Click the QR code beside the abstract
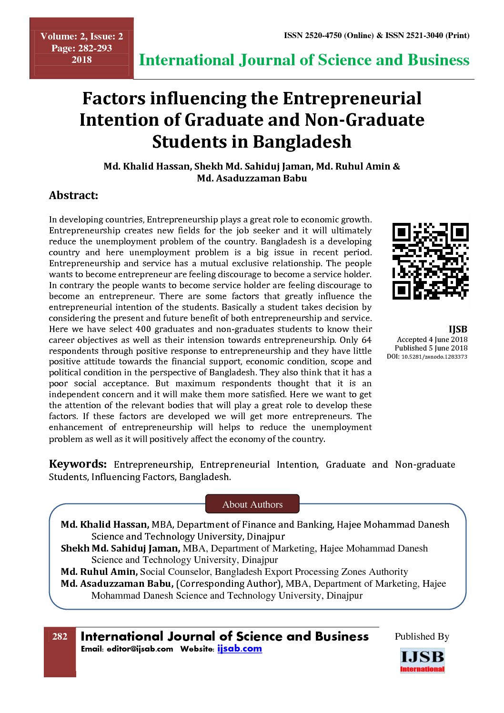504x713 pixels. [430, 261]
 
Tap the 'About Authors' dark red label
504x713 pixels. [252, 504]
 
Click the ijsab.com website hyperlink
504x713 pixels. [240, 649]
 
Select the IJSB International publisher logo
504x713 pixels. [422, 660]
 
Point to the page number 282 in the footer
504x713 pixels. [60, 637]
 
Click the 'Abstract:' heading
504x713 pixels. [73, 195]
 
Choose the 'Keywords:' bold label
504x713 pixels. [78, 464]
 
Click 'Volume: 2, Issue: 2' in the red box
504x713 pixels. [81, 36]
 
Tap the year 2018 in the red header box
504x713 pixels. [81, 60]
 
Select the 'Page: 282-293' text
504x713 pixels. [81, 48]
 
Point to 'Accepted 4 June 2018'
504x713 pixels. [432, 340]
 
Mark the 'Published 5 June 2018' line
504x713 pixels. [431, 348]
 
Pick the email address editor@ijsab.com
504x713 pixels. [140, 649]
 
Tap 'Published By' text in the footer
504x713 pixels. [422, 637]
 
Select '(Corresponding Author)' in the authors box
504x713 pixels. [230, 583]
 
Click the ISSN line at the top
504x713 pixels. [376, 35]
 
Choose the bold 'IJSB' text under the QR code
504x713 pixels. [458, 329]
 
